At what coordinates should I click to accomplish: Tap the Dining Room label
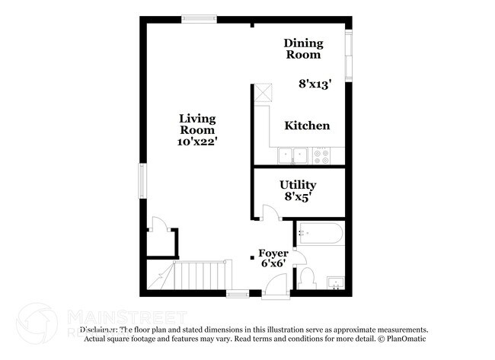pyautogui.click(x=303, y=49)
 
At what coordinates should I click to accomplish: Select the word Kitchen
pyautogui.click(x=307, y=126)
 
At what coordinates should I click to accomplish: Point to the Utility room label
pyautogui.click(x=298, y=185)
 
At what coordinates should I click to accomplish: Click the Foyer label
pyautogui.click(x=273, y=253)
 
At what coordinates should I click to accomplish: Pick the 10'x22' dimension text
pyautogui.click(x=197, y=142)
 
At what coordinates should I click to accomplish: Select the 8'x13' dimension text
pyautogui.click(x=315, y=84)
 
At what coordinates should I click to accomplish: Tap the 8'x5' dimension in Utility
pyautogui.click(x=298, y=197)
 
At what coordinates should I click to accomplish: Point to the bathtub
pyautogui.click(x=320, y=233)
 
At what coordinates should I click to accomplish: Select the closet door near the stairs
pyautogui.click(x=158, y=224)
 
